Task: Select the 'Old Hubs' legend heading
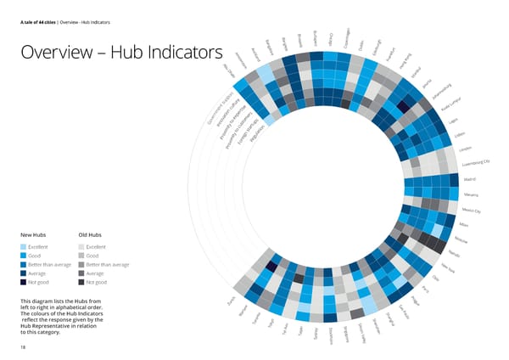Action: (x=91, y=234)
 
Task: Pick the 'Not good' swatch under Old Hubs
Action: (x=81, y=283)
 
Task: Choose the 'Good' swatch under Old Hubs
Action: (x=81, y=255)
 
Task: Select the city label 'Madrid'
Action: (x=470, y=179)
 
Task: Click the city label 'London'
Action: (x=465, y=149)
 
